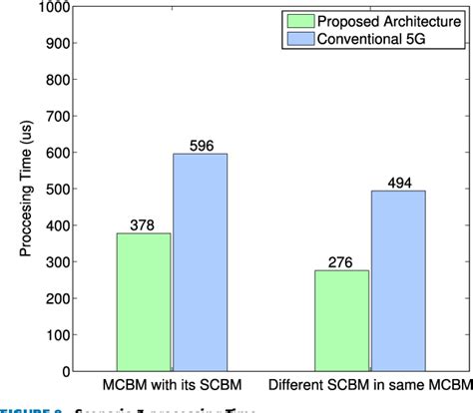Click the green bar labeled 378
pyautogui.click(x=144, y=302)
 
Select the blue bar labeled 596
pyautogui.click(x=200, y=262)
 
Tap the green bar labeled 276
pyautogui.click(x=341, y=320)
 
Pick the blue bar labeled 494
pyautogui.click(x=397, y=281)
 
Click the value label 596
pyautogui.click(x=200, y=145)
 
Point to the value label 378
pyautogui.click(x=144, y=224)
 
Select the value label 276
pyautogui.click(x=341, y=261)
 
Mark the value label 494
pyautogui.click(x=397, y=182)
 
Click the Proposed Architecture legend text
pyautogui.click(x=390, y=21)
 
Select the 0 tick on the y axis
pyautogui.click(x=66, y=371)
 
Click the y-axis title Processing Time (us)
pyautogui.click(x=25, y=190)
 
